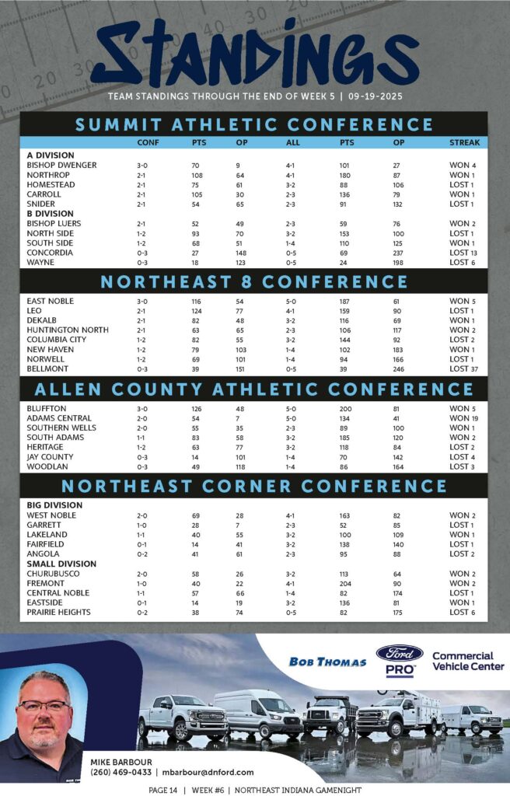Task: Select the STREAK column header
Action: coord(464,143)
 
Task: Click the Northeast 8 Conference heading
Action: coord(253,281)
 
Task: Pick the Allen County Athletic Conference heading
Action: coord(253,389)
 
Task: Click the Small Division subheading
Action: coord(61,564)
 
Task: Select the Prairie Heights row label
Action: coord(58,613)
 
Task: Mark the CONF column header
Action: coord(148,143)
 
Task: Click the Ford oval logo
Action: coord(400,653)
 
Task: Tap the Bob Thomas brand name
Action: coord(327,662)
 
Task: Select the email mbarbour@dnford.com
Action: coord(208,772)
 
